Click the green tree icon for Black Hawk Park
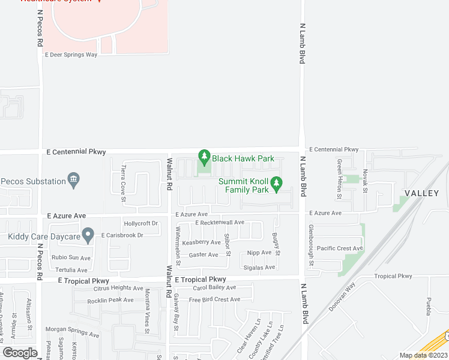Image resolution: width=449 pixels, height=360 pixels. [x=204, y=158]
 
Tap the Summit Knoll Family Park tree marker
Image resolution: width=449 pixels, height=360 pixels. [x=276, y=184]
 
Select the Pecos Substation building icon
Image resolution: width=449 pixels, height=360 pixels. [x=74, y=179]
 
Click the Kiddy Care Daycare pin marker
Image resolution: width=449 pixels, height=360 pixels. [x=88, y=236]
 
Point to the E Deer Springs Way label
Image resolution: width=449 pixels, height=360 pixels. [x=71, y=54]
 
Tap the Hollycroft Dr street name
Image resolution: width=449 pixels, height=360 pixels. [x=140, y=223]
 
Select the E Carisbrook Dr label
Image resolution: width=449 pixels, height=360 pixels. [x=122, y=235]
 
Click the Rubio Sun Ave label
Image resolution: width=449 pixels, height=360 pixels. [x=71, y=258]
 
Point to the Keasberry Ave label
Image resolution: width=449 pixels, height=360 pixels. [x=201, y=242]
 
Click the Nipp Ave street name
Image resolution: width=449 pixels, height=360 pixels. [x=259, y=253]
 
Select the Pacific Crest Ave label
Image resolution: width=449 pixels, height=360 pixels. [x=340, y=248]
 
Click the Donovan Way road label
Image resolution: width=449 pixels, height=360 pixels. [x=342, y=298]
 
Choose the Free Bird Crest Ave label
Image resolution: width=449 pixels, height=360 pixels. [x=214, y=299]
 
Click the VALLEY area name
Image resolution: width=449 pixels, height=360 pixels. [x=421, y=193]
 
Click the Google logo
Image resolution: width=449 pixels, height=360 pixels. [x=20, y=352]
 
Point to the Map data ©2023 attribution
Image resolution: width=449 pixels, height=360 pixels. [x=423, y=355]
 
